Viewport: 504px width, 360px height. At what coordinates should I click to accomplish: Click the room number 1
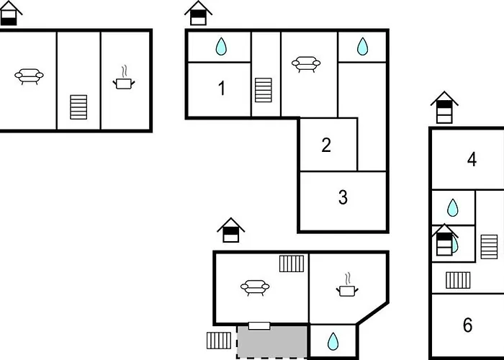point(222,88)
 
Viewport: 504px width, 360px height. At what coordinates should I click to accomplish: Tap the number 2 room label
point(326,145)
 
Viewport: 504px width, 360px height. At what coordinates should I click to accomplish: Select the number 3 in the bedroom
point(343,197)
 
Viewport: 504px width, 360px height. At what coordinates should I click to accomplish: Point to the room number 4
point(472,159)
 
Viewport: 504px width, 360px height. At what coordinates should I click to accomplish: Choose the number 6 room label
point(468,325)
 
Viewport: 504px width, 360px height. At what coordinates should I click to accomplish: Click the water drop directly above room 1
point(221,46)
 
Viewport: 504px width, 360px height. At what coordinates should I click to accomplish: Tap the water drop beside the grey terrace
point(333,341)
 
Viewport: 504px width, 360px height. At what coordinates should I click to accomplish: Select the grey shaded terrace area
point(272,342)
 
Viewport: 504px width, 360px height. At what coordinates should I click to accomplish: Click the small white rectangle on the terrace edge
point(259,325)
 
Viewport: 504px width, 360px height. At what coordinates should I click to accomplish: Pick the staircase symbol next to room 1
point(264,90)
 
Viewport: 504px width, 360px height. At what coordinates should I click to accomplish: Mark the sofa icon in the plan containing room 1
point(306,64)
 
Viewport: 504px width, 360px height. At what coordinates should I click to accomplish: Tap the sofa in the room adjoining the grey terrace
point(255,288)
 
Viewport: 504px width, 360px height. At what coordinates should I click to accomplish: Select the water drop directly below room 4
point(453,207)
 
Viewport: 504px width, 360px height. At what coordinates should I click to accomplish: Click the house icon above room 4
point(444,107)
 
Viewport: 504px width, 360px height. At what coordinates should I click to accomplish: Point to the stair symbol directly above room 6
point(458,280)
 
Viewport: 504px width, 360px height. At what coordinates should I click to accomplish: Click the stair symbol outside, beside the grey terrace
point(219,341)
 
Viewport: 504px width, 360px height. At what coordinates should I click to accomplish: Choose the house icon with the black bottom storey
point(9,13)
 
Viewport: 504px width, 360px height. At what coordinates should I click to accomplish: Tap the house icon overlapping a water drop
point(444,240)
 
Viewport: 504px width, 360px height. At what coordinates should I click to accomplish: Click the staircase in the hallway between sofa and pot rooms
point(78,107)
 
